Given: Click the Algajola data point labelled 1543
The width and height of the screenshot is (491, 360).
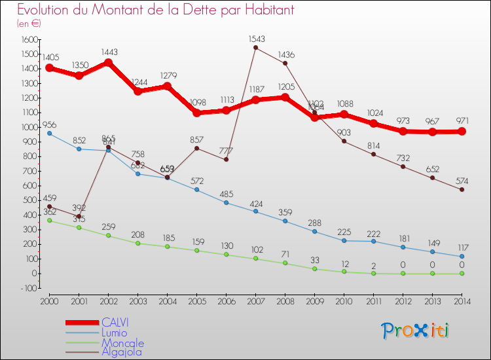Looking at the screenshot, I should tap(255, 47).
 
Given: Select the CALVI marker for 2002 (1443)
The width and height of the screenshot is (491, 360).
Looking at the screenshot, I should tap(108, 63).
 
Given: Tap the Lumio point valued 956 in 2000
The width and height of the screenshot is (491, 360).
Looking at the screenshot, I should tap(49, 134).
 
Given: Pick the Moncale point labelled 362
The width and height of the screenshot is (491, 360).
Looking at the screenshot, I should tap(49, 220).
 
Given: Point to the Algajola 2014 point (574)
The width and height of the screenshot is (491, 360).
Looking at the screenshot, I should tap(462, 190).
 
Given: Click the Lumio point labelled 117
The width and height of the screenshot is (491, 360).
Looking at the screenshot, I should tap(462, 256).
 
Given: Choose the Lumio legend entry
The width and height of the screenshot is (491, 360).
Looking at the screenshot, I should tap(116, 333).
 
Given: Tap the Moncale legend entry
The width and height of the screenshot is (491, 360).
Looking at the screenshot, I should tap(122, 342).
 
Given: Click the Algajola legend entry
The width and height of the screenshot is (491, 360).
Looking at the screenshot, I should tap(121, 351).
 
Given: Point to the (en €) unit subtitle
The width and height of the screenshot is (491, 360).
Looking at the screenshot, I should tap(29, 24).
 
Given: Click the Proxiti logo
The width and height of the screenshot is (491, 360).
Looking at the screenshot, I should tap(416, 331).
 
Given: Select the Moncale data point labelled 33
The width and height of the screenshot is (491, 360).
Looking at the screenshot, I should tap(314, 269).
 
